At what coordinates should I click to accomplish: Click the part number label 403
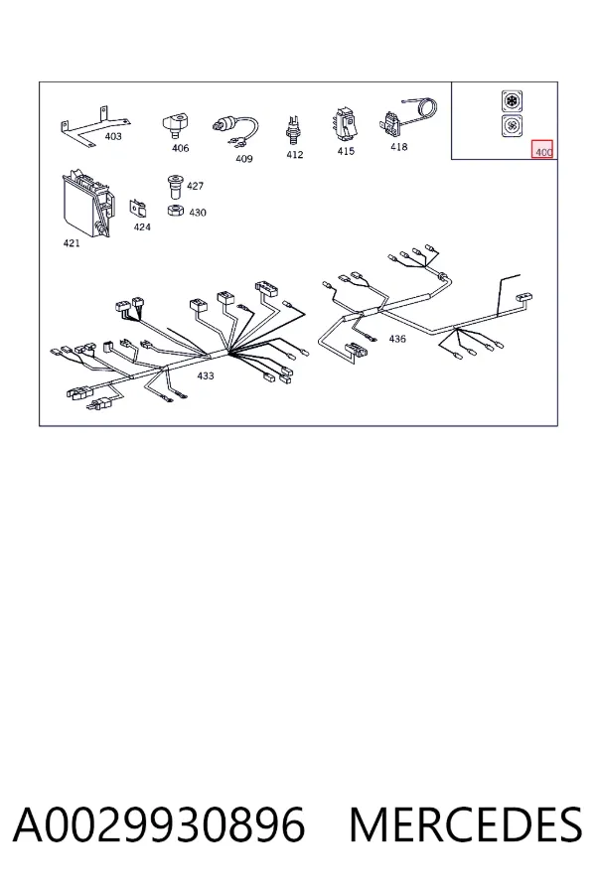click(113, 136)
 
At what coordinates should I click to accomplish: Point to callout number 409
click(244, 159)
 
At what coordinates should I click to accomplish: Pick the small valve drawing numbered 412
click(294, 130)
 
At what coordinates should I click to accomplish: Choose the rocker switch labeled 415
click(346, 123)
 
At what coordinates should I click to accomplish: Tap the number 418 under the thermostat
click(398, 147)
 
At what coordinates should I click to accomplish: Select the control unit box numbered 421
click(86, 202)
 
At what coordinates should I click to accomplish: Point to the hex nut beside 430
click(175, 210)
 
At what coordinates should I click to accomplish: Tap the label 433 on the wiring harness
click(206, 375)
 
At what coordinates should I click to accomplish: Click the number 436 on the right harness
click(397, 339)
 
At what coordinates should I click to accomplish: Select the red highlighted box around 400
click(543, 149)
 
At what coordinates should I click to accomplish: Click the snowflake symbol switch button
click(513, 101)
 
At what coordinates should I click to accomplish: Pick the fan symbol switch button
click(513, 125)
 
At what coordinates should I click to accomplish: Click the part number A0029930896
click(159, 824)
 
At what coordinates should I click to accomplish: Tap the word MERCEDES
click(466, 824)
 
